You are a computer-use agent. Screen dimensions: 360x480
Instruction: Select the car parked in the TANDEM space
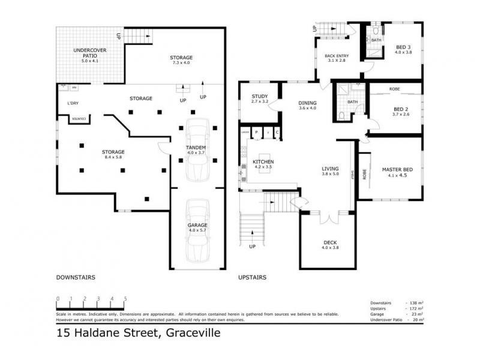coord(197,150)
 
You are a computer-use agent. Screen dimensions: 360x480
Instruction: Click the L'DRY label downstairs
coord(73,103)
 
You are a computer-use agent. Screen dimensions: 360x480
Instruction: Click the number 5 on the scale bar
coord(125,298)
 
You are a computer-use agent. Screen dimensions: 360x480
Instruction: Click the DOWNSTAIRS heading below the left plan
coord(76,277)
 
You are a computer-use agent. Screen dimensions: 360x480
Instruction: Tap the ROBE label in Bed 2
coord(395,89)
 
